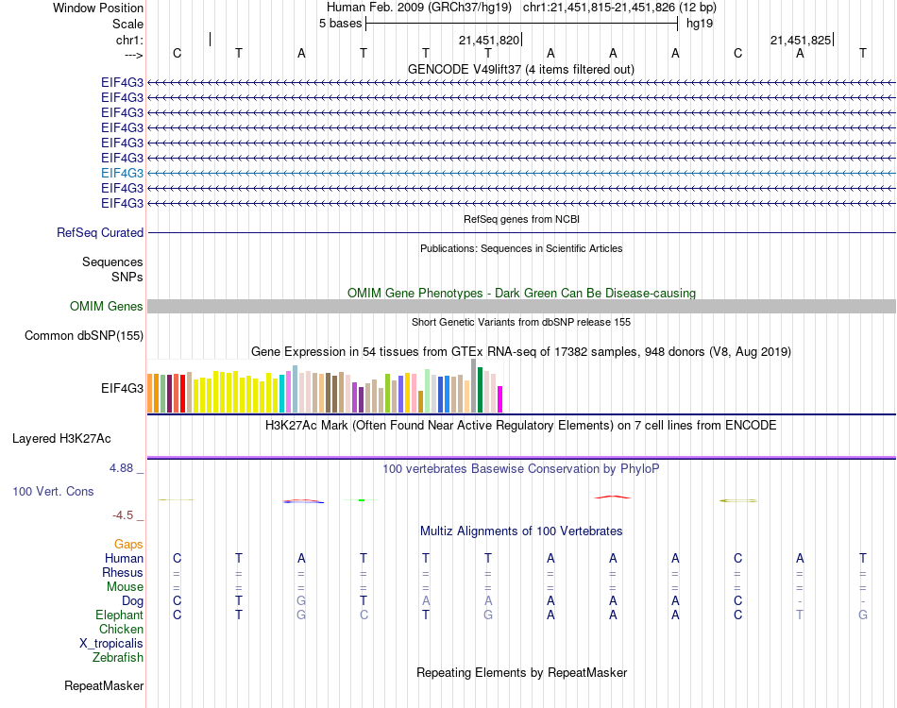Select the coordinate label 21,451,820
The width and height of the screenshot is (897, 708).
pos(488,40)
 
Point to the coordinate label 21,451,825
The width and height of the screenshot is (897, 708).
pos(800,40)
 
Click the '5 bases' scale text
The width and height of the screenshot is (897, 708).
pos(340,24)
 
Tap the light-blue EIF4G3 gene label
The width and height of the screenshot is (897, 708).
pos(122,173)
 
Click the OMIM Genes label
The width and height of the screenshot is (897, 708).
pos(106,306)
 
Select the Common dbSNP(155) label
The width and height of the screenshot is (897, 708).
pos(84,335)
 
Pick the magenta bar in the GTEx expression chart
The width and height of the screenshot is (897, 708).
pos(500,399)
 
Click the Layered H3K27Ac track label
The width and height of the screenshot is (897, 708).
pos(61,438)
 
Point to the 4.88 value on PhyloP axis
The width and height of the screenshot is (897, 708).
pos(125,467)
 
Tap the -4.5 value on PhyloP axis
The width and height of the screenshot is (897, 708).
pos(125,515)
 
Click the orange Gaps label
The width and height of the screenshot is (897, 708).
pos(128,545)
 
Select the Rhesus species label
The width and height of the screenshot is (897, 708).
pos(123,573)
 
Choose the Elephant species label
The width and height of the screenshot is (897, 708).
pos(118,615)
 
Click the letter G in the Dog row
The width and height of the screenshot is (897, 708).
pos(301,601)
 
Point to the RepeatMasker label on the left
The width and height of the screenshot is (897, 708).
pos(104,686)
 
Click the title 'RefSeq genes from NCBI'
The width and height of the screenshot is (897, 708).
pos(521,219)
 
